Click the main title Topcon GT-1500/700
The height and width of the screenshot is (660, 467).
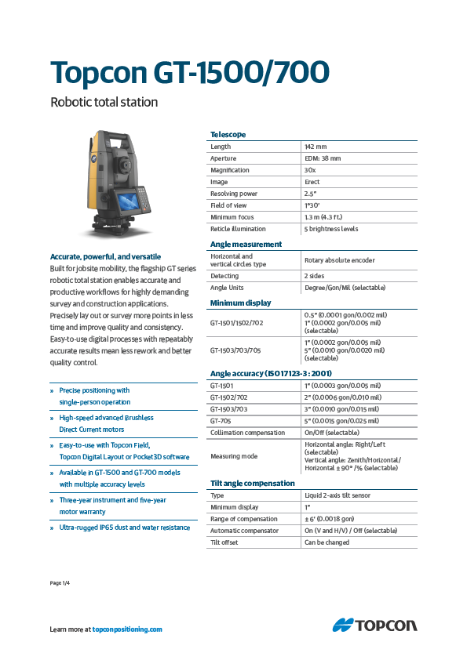pos(189,71)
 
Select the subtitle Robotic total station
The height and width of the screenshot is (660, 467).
pos(104,102)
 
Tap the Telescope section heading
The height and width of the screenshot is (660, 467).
pos(228,134)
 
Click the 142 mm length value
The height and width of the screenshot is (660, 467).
pos(316,147)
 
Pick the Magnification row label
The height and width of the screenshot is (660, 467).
pos(230,170)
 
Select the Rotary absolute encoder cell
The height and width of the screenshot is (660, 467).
pos(339,260)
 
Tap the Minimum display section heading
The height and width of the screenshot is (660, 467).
pos(240,303)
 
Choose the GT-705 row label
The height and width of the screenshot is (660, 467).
pos(221,421)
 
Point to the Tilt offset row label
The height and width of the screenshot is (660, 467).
pos(224,542)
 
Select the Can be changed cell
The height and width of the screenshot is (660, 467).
pos(328,542)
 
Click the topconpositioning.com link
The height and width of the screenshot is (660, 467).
pos(127,629)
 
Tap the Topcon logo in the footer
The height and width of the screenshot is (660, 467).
pos(374,625)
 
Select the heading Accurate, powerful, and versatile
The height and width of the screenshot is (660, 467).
pos(105,256)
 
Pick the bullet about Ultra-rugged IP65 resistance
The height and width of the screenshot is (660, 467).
pos(125,528)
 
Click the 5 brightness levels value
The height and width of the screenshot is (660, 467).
pos(330,229)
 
